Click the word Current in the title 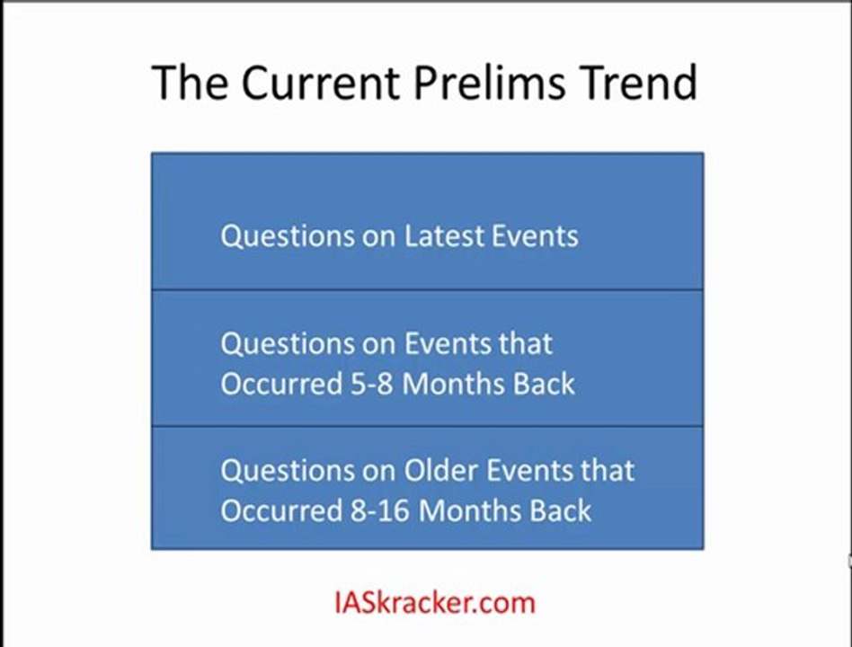321,83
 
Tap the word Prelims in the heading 490,83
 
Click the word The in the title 189,83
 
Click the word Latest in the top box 444,236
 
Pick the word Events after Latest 535,236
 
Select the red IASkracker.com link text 435,602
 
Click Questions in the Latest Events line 288,237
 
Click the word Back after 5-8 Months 544,384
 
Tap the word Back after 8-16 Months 560,510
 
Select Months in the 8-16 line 471,510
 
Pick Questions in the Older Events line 288,471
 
